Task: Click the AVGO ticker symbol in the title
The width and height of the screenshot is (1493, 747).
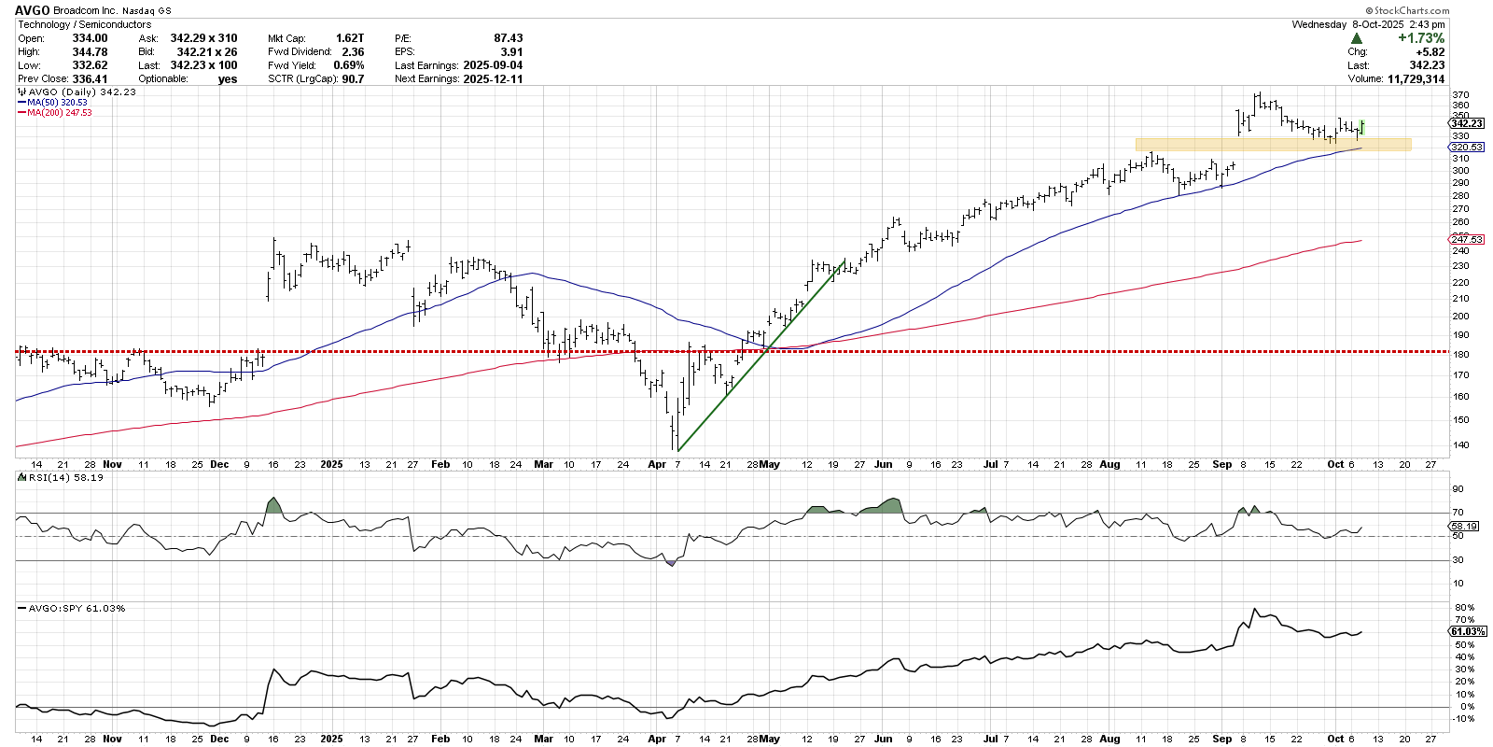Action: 33,10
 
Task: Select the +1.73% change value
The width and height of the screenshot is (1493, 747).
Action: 1420,38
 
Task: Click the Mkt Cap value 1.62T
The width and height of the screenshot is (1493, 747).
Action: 350,38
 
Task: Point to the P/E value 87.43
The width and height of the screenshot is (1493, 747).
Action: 508,38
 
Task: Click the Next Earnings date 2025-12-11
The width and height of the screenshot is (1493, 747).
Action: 493,78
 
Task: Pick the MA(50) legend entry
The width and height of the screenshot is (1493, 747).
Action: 56,103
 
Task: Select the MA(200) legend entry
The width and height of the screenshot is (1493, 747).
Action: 59,113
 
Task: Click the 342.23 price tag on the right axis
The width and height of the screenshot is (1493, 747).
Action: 1467,123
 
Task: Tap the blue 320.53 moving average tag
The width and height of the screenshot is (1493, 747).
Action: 1466,148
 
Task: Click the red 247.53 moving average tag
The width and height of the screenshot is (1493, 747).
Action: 1466,240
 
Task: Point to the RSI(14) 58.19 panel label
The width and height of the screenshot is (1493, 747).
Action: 65,477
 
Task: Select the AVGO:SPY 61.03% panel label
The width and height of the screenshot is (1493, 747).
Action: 77,608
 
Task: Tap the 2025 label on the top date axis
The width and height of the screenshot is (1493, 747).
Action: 331,464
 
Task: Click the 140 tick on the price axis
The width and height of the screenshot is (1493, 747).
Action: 1459,445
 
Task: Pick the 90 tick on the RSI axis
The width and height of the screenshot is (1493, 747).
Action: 1458,489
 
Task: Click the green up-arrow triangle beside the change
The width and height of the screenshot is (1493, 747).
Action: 1356,38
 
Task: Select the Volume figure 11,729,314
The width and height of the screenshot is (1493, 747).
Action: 1416,78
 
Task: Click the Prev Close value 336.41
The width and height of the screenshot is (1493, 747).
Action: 90,78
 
